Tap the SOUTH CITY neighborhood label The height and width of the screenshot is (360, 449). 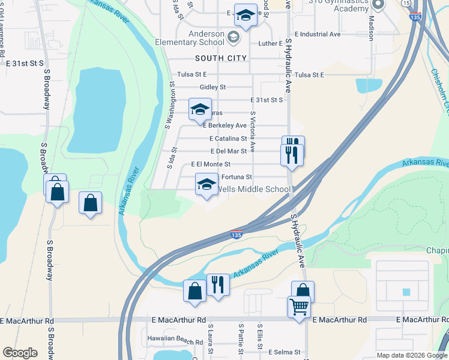(221, 58)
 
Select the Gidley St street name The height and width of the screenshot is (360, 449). (213, 87)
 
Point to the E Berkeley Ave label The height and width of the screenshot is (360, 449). (225, 125)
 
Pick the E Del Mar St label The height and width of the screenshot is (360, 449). (229, 151)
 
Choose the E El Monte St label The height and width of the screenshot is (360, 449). (211, 164)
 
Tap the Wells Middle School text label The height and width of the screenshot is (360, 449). (253, 189)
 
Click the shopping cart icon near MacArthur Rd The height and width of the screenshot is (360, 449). (298, 307)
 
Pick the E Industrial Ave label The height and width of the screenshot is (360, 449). (318, 34)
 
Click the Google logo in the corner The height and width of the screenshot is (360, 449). (20, 353)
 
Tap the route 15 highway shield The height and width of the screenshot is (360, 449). (407, 4)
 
